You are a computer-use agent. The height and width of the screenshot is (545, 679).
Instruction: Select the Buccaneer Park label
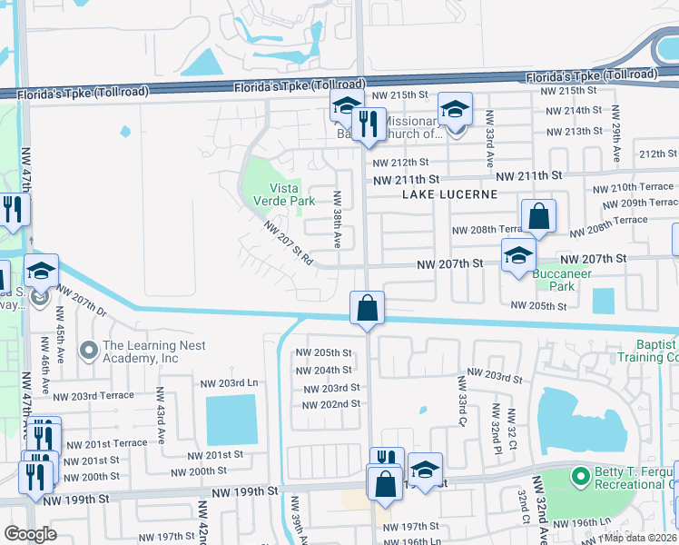(562, 279)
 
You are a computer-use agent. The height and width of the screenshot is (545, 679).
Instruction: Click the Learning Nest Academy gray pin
(89, 350)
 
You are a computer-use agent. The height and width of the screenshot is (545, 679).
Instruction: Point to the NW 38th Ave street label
(336, 220)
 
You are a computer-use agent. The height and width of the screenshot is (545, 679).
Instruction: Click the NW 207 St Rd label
(289, 244)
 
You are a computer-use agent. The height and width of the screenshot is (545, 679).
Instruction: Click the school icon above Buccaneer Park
(518, 255)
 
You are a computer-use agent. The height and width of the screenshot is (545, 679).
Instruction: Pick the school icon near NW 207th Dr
(41, 271)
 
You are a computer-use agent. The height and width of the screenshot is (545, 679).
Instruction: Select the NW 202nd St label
(332, 404)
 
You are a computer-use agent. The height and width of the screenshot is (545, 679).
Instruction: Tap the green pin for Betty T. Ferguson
(578, 475)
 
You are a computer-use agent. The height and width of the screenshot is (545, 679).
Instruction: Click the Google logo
(30, 534)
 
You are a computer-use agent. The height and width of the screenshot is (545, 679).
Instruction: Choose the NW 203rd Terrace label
(94, 396)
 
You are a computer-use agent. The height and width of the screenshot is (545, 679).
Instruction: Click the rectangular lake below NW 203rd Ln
(231, 420)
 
